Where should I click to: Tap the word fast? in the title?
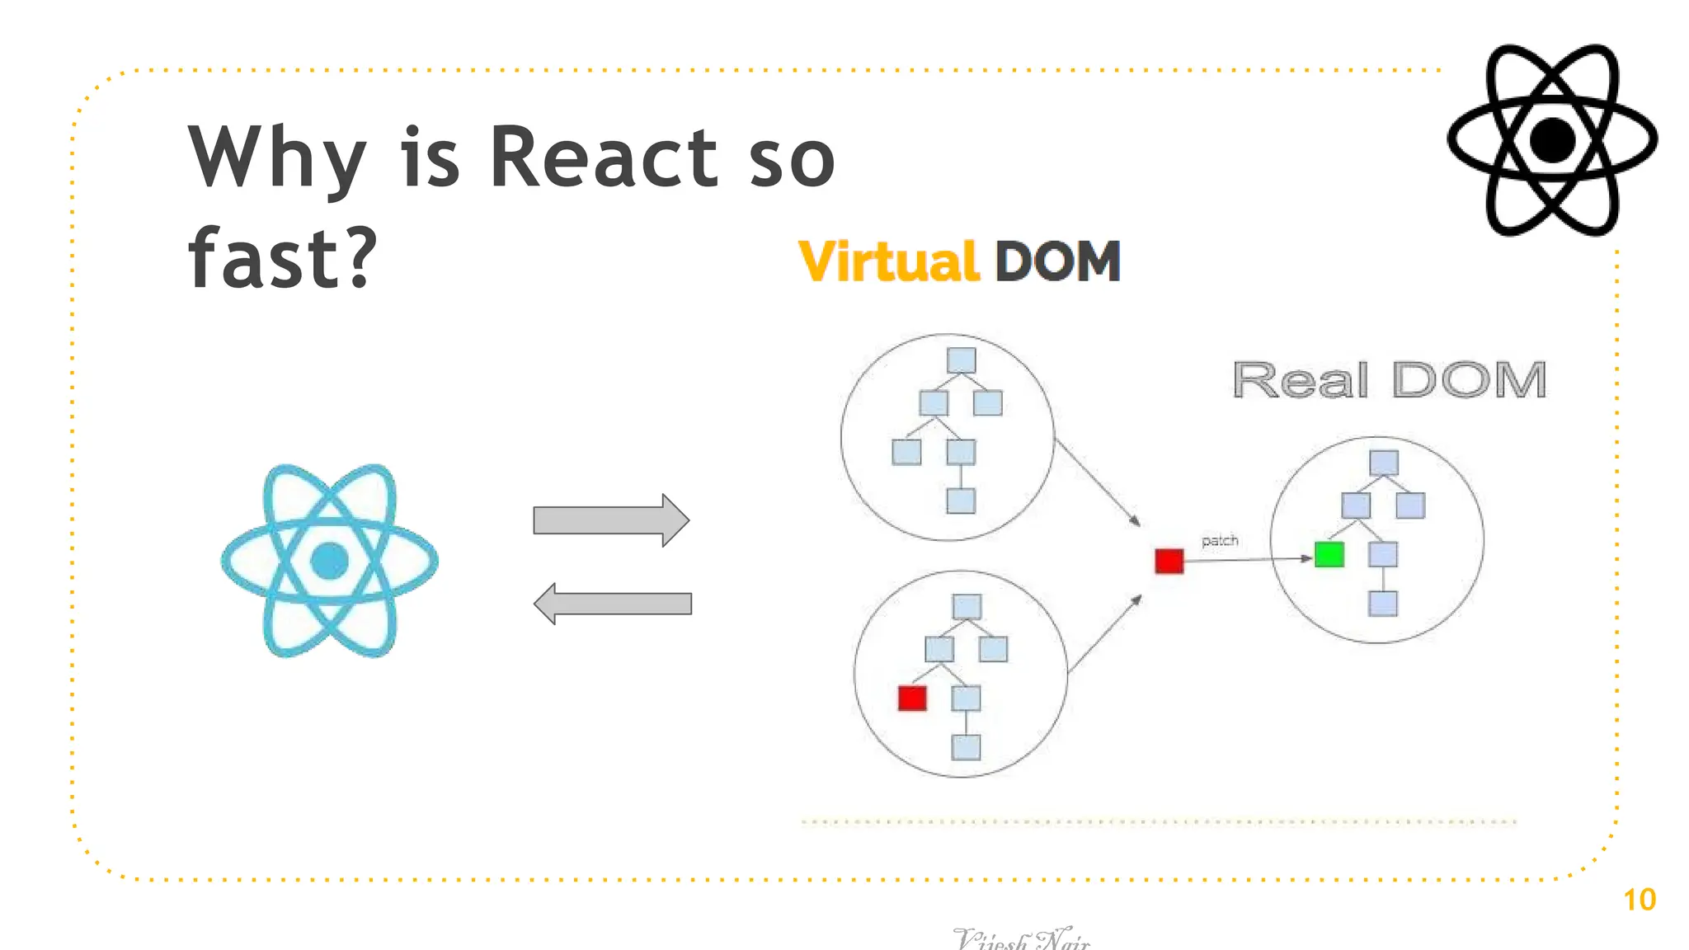coord(282,259)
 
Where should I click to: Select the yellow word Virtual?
coord(888,262)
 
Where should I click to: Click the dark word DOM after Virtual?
coord(1057,262)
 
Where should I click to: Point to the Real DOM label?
coord(1389,380)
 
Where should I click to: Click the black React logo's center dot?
coord(1552,140)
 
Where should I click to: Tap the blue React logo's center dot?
coord(329,561)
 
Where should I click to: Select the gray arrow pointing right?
coord(611,520)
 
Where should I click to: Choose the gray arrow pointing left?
coord(612,604)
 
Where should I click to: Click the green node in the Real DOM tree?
coord(1329,554)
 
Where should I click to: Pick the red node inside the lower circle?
coord(912,698)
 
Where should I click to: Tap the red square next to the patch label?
coord(1169,562)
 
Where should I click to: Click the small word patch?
coord(1220,541)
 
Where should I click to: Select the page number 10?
coord(1639,900)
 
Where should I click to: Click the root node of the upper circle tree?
coord(961,360)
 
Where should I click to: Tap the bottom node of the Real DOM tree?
coord(1382,604)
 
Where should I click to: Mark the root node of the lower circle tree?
coord(967,607)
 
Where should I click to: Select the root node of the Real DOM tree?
coord(1383,463)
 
